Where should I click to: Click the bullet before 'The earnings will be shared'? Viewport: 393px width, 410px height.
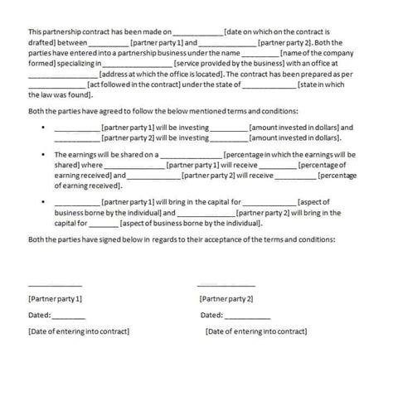tap(42, 154)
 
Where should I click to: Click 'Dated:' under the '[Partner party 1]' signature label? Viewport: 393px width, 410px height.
tap(39, 315)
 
